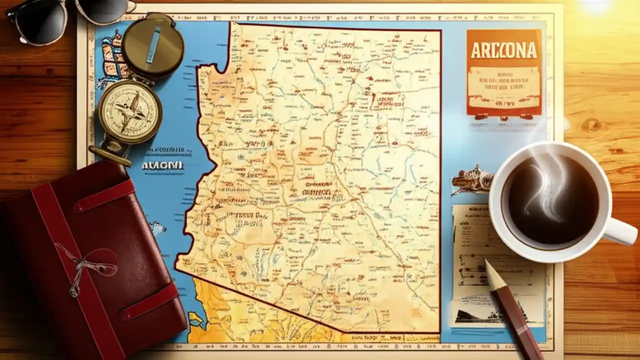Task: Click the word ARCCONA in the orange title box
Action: pos(503,50)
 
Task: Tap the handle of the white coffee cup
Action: pos(620,231)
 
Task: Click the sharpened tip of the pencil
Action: pos(488,264)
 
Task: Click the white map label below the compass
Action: pos(162,165)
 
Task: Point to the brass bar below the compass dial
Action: pos(110,155)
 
